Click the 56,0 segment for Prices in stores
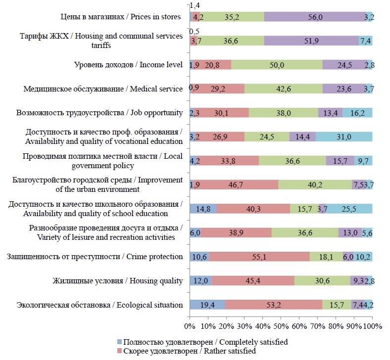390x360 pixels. click(x=315, y=17)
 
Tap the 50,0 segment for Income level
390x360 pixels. click(x=277, y=65)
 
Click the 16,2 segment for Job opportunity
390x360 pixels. click(x=357, y=113)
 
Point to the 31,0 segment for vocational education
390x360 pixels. click(x=344, y=137)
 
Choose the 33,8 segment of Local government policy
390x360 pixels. click(x=228, y=161)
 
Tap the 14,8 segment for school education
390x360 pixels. click(x=203, y=209)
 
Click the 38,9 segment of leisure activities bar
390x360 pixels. click(x=236, y=233)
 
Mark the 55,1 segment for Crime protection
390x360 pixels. click(x=259, y=257)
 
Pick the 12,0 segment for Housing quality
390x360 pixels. click(x=200, y=281)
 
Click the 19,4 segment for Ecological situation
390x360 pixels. click(x=207, y=305)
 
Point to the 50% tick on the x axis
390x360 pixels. click(x=281, y=326)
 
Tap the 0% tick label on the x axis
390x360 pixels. click(x=190, y=326)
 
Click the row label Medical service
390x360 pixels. click(x=103, y=89)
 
